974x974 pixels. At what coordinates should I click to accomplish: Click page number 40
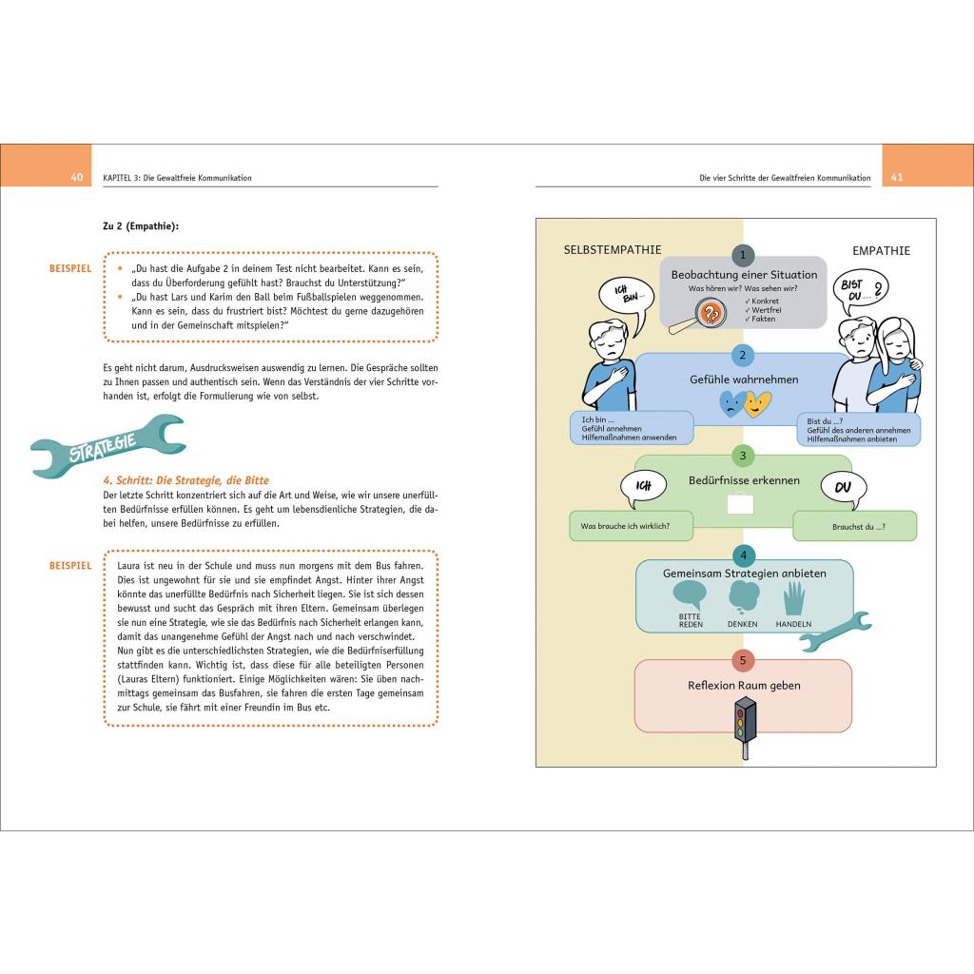[x=77, y=178]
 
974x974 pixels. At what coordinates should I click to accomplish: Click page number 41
[x=896, y=178]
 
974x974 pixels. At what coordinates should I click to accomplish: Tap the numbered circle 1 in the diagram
[x=743, y=255]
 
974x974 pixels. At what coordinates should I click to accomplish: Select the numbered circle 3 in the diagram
[x=743, y=455]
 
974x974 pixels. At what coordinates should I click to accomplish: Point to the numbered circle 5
[x=743, y=659]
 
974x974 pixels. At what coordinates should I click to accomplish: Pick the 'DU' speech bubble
[x=844, y=491]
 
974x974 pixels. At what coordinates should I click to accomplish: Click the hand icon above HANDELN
[x=793, y=598]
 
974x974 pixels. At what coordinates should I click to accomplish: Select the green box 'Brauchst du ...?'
[x=854, y=526]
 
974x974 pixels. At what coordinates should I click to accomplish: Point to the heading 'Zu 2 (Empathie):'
[x=141, y=225]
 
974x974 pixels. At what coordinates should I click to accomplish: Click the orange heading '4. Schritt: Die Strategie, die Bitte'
[x=185, y=480]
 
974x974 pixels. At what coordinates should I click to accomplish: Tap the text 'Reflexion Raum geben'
[x=744, y=686]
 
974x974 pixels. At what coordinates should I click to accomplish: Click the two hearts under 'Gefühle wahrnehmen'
[x=744, y=405]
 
